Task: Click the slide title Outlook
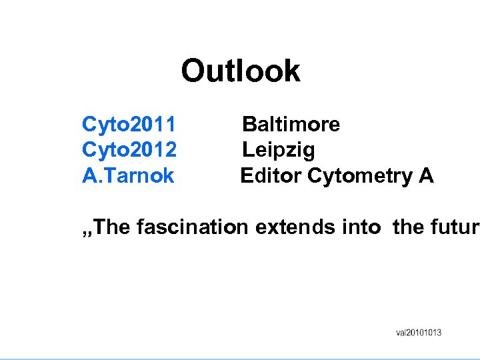click(241, 71)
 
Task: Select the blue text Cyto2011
click(129, 124)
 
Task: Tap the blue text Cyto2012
click(129, 150)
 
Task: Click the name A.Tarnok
click(127, 176)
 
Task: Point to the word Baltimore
click(291, 124)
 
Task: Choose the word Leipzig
click(278, 150)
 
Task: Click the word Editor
click(271, 176)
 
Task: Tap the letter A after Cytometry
click(426, 176)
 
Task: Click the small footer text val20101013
click(419, 333)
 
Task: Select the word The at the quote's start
click(112, 227)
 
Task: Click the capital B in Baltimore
click(249, 124)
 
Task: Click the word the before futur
click(408, 227)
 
